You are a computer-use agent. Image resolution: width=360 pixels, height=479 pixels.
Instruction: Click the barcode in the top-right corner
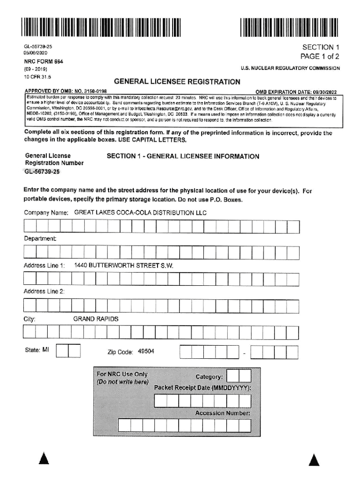(x=289, y=27)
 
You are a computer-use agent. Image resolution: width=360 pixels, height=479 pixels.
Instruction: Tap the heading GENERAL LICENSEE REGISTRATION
(x=177, y=82)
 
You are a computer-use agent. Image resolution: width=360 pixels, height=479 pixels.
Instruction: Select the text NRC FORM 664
(x=43, y=62)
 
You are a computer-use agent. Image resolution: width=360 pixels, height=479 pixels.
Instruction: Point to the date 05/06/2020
(x=36, y=53)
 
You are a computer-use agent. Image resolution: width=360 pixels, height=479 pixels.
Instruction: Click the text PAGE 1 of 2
(x=320, y=57)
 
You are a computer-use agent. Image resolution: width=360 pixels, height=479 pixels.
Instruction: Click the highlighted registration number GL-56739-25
(x=42, y=172)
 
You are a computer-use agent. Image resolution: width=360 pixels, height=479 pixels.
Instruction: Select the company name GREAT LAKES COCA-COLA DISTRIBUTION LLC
(x=141, y=213)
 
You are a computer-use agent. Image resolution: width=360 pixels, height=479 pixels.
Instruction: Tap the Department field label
(x=40, y=239)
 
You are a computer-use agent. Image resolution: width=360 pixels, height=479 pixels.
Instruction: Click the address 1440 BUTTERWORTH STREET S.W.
(x=124, y=266)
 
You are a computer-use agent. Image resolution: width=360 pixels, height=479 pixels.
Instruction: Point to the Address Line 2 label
(x=44, y=291)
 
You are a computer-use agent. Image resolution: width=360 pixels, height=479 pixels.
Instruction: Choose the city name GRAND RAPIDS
(x=96, y=319)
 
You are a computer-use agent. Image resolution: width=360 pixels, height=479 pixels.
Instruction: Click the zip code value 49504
(x=146, y=351)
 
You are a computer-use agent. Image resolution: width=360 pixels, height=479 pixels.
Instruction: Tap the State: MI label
(x=36, y=349)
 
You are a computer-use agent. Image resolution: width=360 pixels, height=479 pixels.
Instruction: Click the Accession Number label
(x=223, y=414)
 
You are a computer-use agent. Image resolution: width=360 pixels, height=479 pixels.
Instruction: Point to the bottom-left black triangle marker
(x=44, y=460)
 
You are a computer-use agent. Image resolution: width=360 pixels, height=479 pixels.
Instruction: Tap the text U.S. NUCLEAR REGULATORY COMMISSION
(x=290, y=68)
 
